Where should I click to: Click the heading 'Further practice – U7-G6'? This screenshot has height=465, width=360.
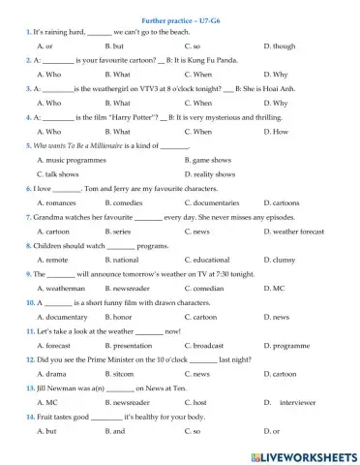[x=179, y=18]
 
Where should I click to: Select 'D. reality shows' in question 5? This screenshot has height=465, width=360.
[x=214, y=174]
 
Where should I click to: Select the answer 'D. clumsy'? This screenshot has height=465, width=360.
[x=282, y=260]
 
